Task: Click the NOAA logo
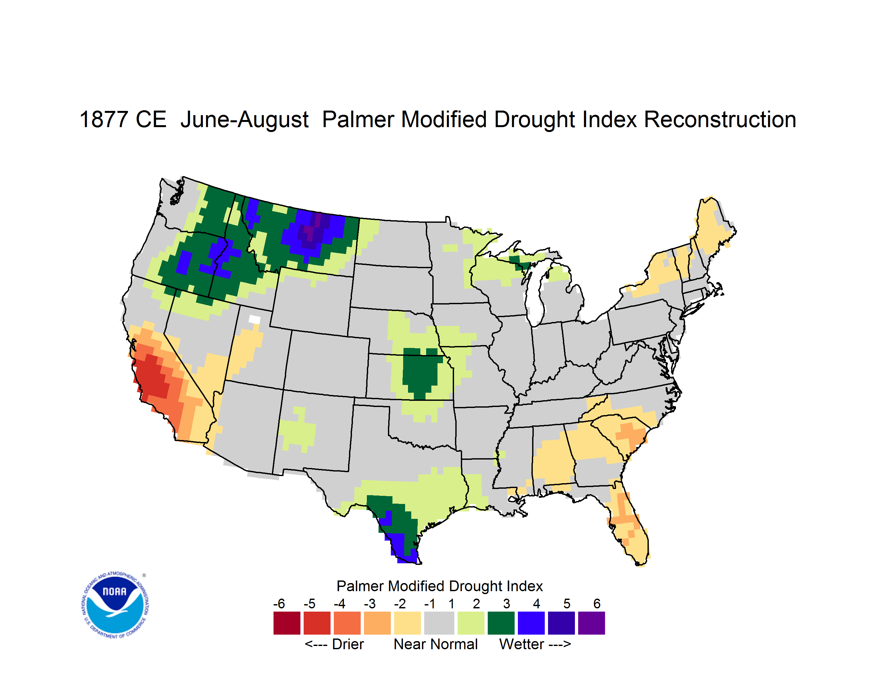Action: click(115, 605)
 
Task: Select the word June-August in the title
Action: click(244, 120)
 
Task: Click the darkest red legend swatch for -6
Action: click(287, 623)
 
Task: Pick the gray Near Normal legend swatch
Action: click(439, 623)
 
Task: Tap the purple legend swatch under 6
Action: click(591, 623)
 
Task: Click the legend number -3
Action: click(369, 603)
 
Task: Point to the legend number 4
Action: click(536, 603)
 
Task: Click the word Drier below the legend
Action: click(348, 644)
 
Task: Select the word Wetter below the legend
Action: click(521, 644)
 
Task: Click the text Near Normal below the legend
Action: click(436, 644)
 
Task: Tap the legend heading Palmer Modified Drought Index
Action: click(439, 586)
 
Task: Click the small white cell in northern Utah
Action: click(254, 319)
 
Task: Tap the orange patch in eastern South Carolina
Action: click(631, 435)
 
